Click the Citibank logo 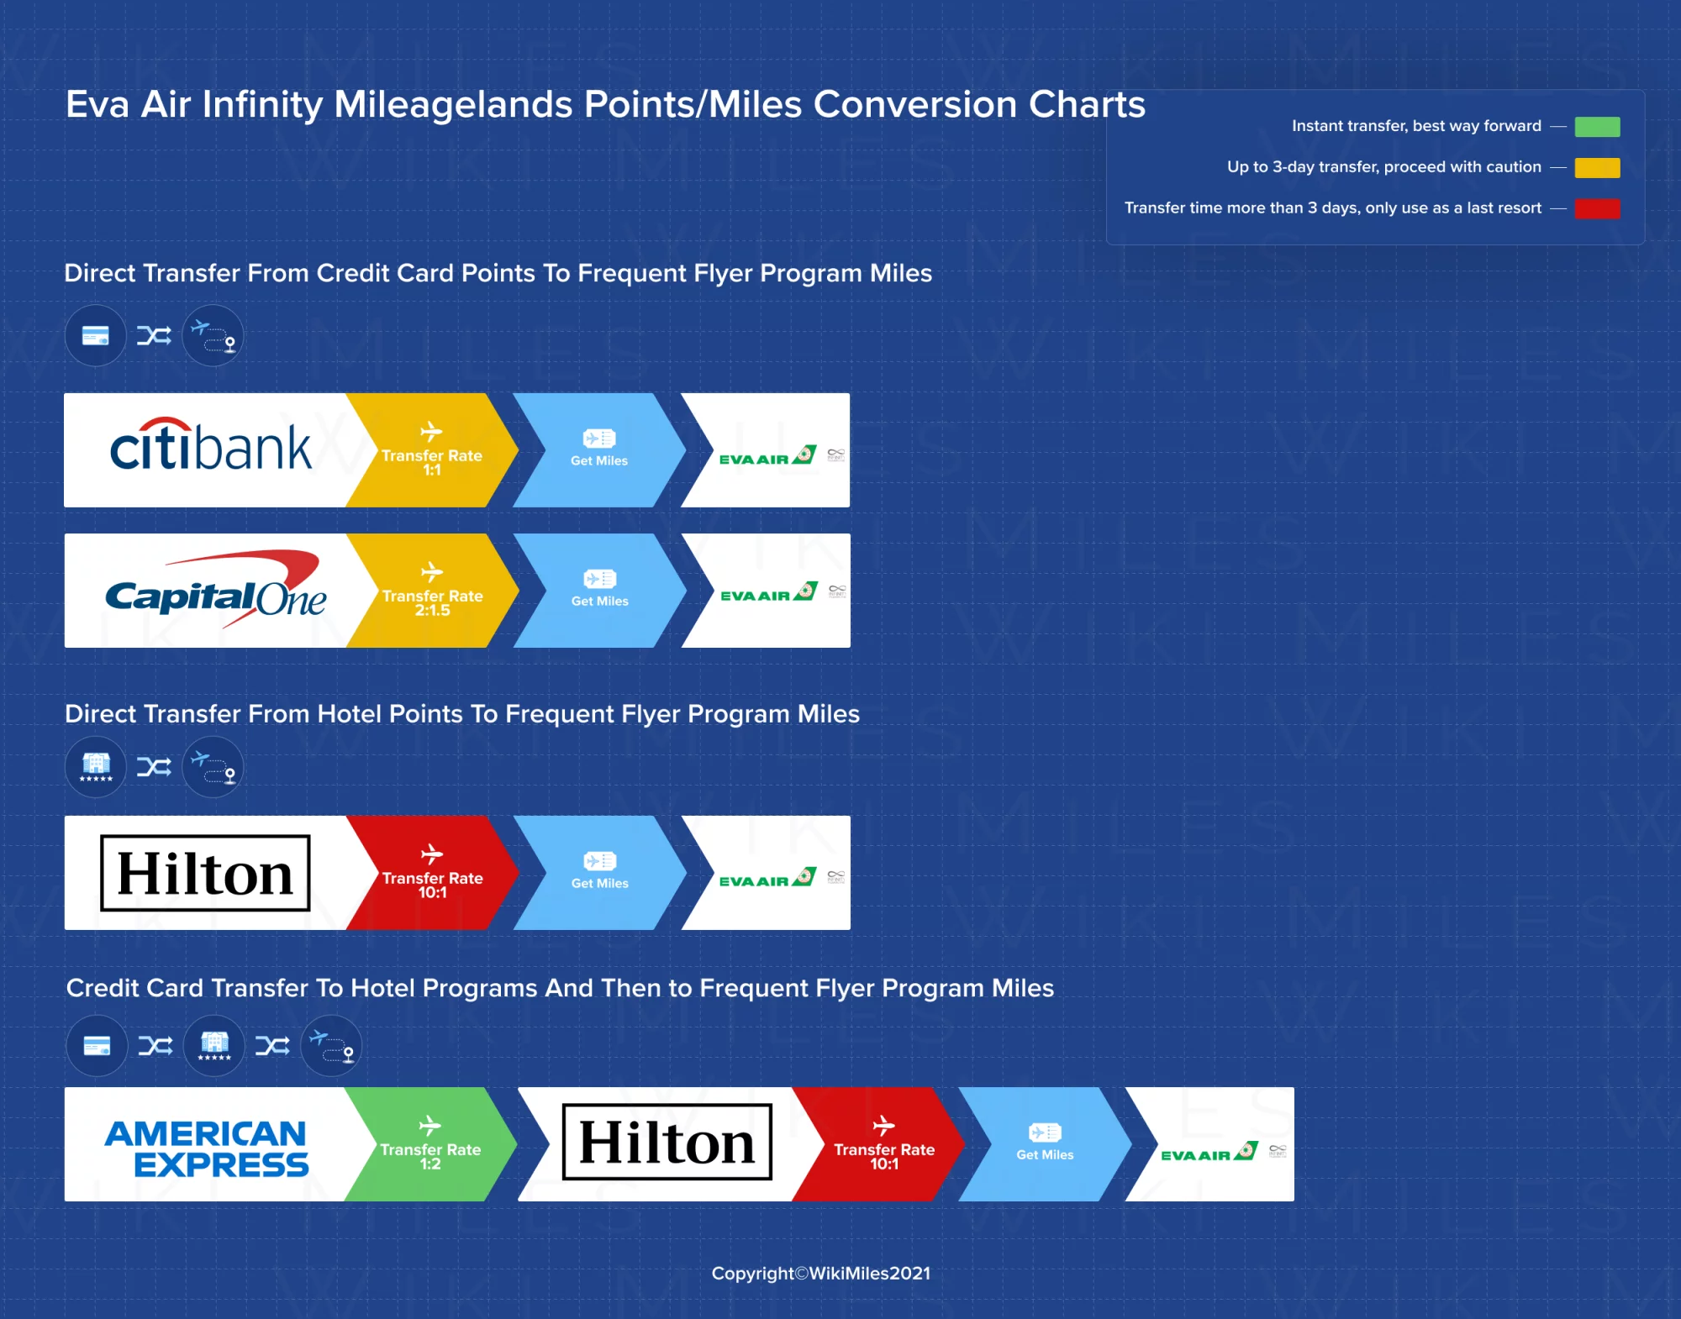pos(210,447)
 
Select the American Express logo pos(207,1148)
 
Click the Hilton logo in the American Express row pos(667,1143)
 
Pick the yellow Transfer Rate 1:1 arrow pos(431,451)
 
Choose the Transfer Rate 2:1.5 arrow pos(432,591)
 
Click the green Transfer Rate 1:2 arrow pos(430,1145)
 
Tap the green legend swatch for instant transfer pos(1597,127)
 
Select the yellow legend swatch pos(1597,167)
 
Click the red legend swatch pos(1597,208)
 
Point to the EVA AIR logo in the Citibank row pos(767,456)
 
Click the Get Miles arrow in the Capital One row pos(599,591)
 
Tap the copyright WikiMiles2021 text pos(820,1273)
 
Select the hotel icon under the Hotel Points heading pos(96,767)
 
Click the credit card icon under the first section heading pos(96,336)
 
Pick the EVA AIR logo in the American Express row pos(1208,1153)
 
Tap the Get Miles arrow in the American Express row pos(1045,1145)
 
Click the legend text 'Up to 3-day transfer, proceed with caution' pos(1383,167)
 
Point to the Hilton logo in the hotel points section pos(205,874)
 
